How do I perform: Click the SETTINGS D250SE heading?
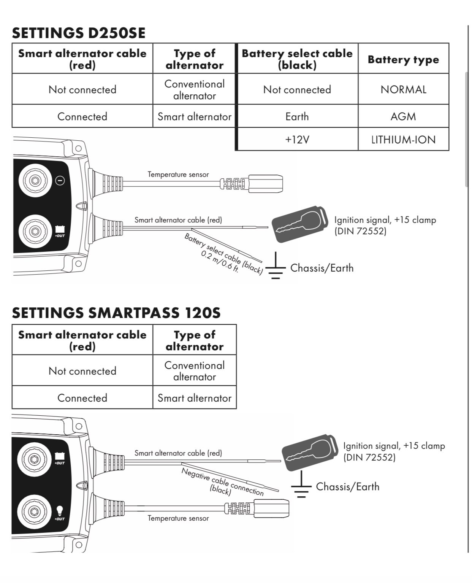coord(79,33)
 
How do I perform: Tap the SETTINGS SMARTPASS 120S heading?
coord(116,313)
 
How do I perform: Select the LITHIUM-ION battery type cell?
coord(403,140)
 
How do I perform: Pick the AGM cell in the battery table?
coord(403,116)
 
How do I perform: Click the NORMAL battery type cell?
coord(403,89)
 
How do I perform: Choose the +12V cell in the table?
coord(297,140)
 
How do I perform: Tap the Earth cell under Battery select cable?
coord(297,116)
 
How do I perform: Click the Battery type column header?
coord(403,59)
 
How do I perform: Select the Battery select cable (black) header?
coord(297,59)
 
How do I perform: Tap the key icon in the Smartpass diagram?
coord(310,451)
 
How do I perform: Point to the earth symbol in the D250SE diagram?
coord(275,268)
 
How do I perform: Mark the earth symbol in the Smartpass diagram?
coord(301,487)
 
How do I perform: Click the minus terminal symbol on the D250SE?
coord(60,181)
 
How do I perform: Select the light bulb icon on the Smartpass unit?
coord(60,510)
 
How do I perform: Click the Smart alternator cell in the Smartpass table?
coord(194,398)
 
